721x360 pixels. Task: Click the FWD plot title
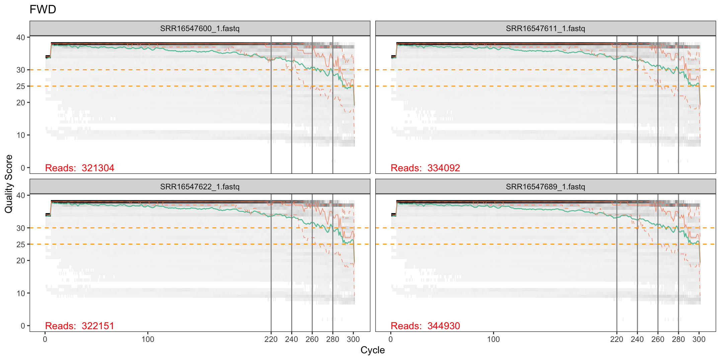43,9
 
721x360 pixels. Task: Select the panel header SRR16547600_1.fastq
200,28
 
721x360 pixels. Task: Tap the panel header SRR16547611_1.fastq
545,28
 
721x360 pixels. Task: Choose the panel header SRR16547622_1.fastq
200,187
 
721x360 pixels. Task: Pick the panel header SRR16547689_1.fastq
545,187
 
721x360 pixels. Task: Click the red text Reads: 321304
80,168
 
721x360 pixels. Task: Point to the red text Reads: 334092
425,168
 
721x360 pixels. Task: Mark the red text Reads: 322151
80,326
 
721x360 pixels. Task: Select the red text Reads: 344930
425,326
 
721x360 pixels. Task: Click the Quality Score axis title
9,184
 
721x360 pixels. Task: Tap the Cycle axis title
373,350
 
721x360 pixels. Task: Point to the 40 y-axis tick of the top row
21,37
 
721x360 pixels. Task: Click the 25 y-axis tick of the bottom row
21,245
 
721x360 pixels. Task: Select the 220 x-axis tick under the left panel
271,340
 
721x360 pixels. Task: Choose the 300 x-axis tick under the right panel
699,340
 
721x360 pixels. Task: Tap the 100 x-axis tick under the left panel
148,340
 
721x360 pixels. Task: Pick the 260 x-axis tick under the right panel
658,340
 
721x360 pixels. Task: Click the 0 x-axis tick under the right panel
391,340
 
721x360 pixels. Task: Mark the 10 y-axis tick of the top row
21,135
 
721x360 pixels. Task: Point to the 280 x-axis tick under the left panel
333,340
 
